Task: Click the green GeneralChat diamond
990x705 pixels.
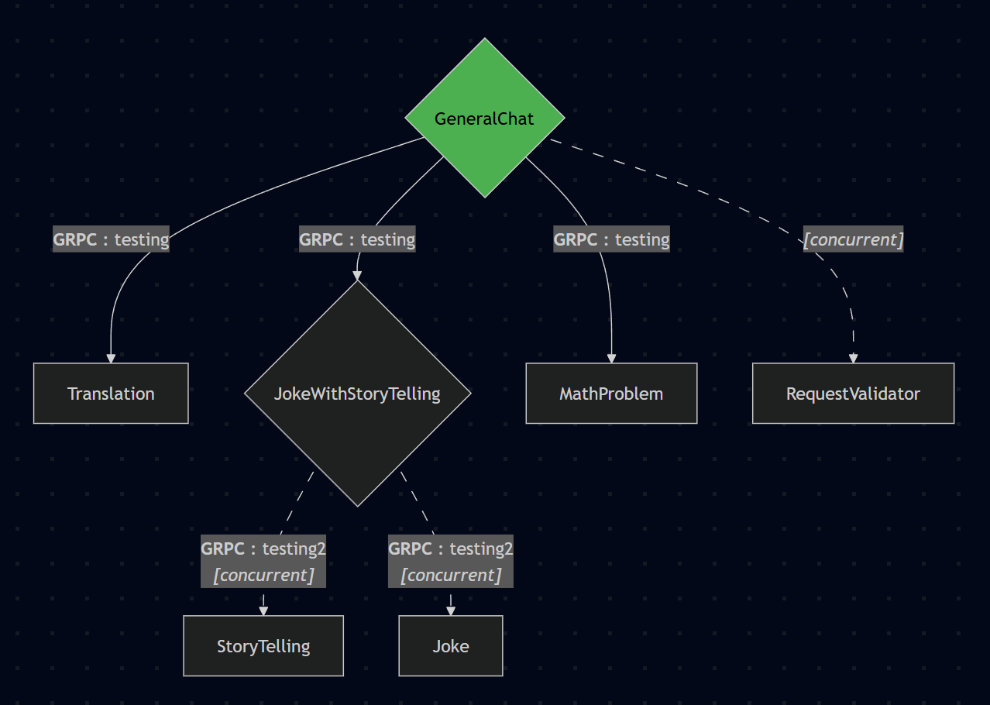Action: point(484,118)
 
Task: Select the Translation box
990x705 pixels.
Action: point(111,394)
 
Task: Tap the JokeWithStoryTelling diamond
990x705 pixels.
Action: point(357,394)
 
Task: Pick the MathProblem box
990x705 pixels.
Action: point(611,394)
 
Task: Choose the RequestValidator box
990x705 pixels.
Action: point(853,394)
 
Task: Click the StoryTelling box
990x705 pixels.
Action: point(263,646)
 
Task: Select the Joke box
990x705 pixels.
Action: point(451,646)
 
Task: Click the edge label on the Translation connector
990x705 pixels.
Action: point(111,239)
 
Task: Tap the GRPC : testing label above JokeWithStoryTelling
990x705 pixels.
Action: point(357,239)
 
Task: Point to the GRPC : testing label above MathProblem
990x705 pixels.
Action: point(611,239)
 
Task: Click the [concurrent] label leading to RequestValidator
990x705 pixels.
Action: point(853,240)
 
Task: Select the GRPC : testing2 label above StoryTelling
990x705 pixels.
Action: point(263,549)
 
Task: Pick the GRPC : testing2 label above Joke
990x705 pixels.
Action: point(451,549)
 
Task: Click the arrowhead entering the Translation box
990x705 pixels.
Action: point(111,358)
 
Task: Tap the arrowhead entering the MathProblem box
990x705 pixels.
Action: point(611,358)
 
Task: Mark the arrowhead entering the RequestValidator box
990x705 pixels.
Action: point(853,358)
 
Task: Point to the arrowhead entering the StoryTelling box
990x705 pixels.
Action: point(263,610)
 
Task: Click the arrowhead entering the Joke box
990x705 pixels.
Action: point(451,610)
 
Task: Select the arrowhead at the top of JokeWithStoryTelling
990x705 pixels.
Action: point(357,275)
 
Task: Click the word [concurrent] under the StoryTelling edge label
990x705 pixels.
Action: point(263,576)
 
